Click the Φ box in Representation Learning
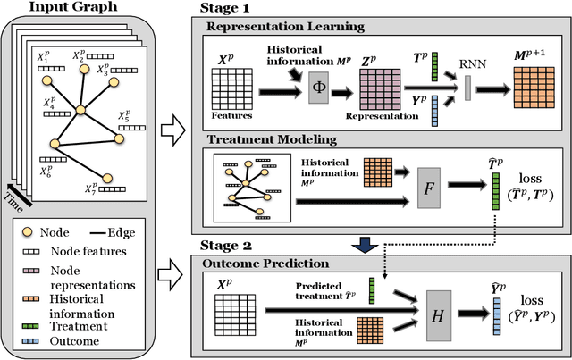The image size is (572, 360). tap(319, 88)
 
